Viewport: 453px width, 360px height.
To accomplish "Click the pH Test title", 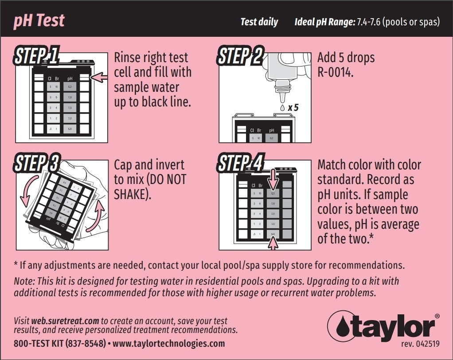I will click(39, 20).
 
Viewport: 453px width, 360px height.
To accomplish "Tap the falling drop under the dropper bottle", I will click(282, 107).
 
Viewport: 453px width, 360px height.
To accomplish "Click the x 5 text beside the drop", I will click(293, 107).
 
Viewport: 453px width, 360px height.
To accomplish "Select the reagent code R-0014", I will click(336, 72).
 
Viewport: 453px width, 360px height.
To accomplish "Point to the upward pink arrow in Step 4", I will click(273, 242).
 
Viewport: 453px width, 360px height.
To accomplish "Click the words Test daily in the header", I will click(259, 22).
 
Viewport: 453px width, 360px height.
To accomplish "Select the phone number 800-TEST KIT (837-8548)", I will click(60, 343).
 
